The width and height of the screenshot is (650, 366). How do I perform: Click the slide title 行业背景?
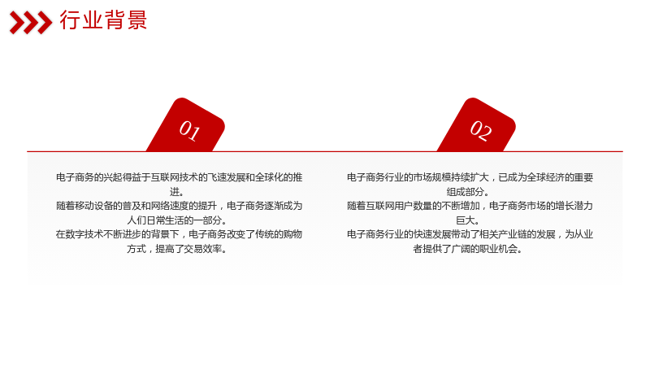[x=103, y=20]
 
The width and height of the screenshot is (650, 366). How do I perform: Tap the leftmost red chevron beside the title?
[x=17, y=23]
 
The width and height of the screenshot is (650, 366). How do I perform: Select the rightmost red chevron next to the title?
[x=45, y=23]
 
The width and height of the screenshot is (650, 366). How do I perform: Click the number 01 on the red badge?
[x=189, y=130]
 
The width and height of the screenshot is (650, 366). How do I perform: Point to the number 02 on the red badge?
[x=481, y=130]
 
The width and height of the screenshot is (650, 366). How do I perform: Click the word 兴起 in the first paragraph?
[x=112, y=177]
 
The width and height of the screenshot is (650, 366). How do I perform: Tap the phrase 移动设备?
[x=93, y=206]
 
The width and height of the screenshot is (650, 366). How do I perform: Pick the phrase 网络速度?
[x=169, y=206]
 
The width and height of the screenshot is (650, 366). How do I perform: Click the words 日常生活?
[x=164, y=220]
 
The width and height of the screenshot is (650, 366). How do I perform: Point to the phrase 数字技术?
[x=84, y=234]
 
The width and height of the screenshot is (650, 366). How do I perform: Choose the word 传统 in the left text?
[x=264, y=234]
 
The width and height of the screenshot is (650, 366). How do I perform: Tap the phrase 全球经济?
[x=545, y=177]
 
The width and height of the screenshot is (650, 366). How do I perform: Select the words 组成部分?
[x=465, y=192]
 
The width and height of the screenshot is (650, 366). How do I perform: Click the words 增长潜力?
[x=574, y=206]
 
